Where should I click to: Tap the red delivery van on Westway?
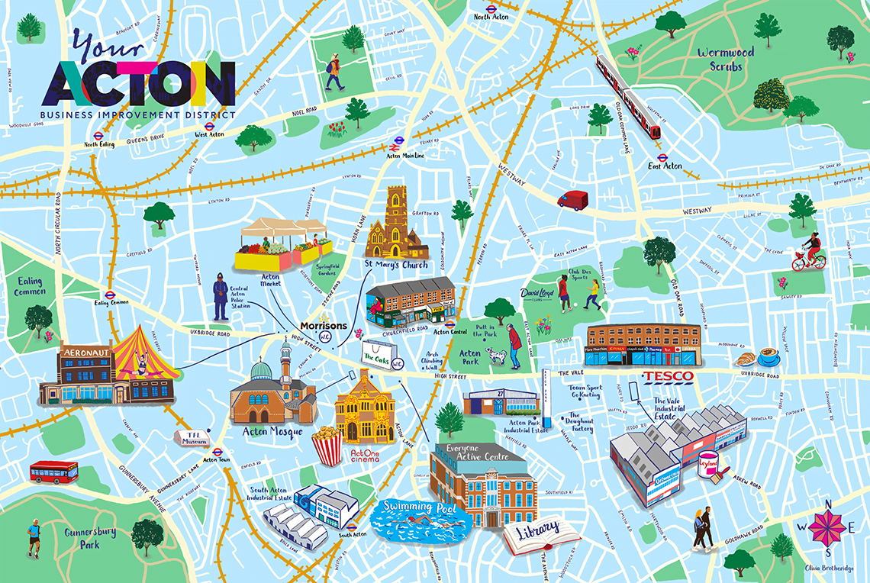572,200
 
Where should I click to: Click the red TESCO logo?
667,377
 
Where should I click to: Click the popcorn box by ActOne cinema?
327,446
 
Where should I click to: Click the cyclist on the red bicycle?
808,253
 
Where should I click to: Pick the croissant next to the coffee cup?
745,359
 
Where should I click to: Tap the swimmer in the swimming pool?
415,521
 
